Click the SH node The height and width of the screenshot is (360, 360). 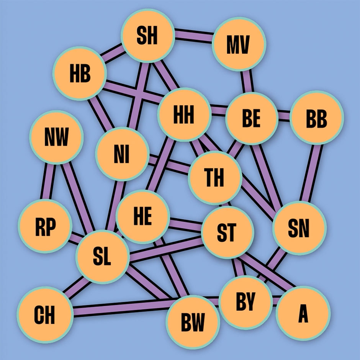point(147,36)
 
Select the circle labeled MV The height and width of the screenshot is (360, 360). point(239,44)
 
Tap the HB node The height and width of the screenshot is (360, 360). point(80,74)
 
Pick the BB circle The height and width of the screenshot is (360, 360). point(317,118)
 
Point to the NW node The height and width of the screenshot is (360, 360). point(56,137)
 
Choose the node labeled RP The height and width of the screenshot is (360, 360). point(45,226)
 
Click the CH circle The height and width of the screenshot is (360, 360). point(45,314)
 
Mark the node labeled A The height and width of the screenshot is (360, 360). point(303,313)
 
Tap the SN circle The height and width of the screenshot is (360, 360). point(299,228)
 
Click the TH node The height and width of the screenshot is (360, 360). point(215,178)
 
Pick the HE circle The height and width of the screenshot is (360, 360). point(142,216)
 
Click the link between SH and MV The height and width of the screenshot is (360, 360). point(193,36)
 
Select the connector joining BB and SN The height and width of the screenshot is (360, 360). point(311,173)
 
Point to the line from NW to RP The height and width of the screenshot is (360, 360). point(49,182)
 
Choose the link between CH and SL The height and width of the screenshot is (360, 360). point(77,288)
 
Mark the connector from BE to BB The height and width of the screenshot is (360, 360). point(284,116)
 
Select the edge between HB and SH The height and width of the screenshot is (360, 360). point(113,54)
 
